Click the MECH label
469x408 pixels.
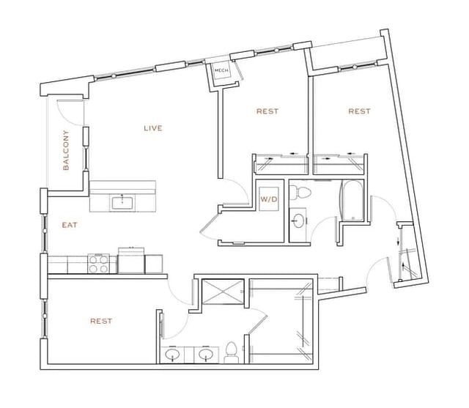pyautogui.click(x=221, y=71)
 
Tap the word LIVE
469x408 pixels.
pyautogui.click(x=152, y=128)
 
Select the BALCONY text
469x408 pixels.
pyautogui.click(x=66, y=150)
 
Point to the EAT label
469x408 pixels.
pyautogui.click(x=69, y=226)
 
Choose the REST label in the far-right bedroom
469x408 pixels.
pyautogui.click(x=359, y=111)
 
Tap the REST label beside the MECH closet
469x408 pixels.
pyautogui.click(x=267, y=111)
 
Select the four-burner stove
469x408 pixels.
pyautogui.click(x=99, y=263)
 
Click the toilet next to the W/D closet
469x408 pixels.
pyautogui.click(x=301, y=193)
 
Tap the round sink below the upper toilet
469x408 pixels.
pyautogui.click(x=299, y=219)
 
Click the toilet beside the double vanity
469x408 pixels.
pyautogui.click(x=231, y=353)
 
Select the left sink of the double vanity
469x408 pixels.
pyautogui.click(x=173, y=355)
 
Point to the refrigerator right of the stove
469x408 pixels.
pyautogui.click(x=132, y=260)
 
